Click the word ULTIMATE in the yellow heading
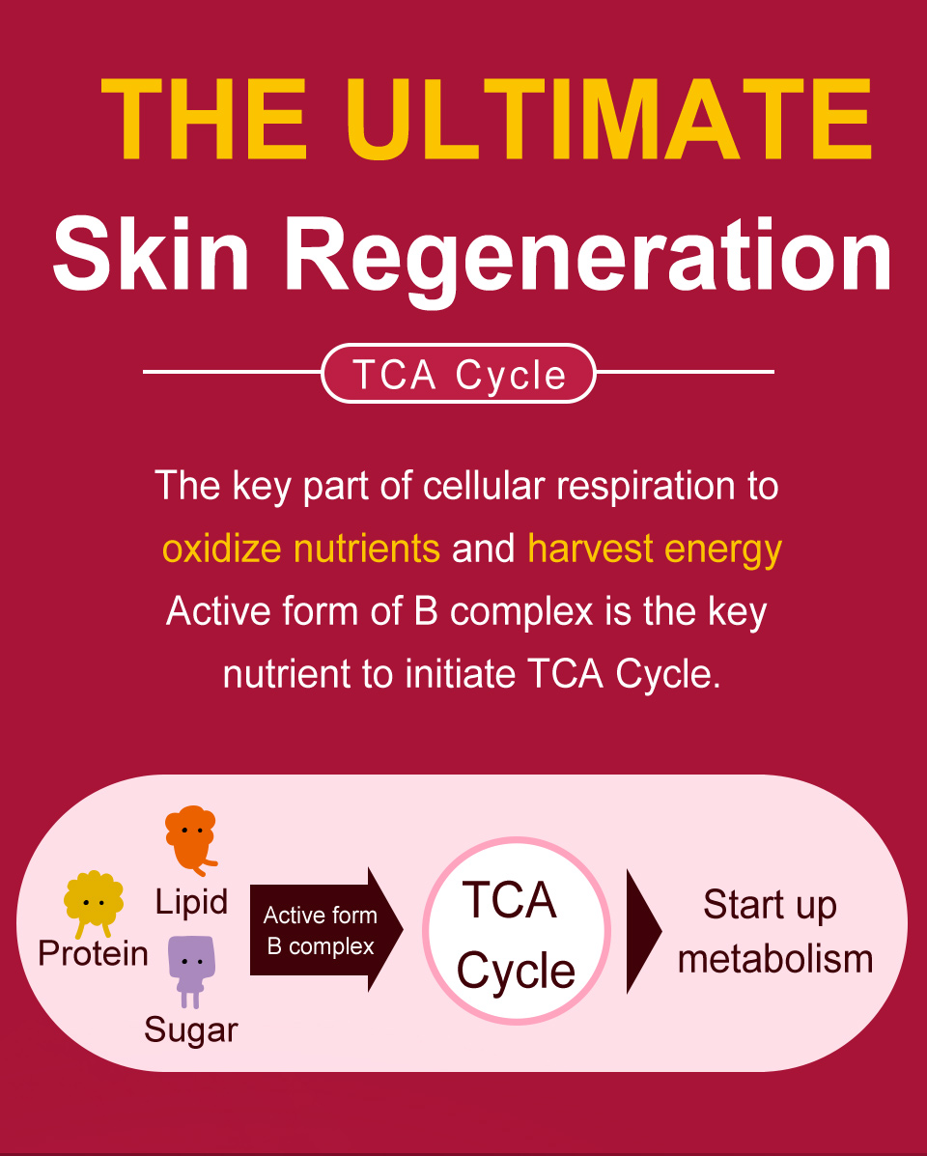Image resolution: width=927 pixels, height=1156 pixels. [608, 119]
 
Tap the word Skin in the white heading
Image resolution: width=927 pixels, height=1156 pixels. [151, 254]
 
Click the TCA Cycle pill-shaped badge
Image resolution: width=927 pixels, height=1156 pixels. [459, 374]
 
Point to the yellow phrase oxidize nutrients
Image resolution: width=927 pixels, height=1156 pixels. [300, 550]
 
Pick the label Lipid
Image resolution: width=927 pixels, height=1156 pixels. [191, 902]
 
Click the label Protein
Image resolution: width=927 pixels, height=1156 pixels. [93, 954]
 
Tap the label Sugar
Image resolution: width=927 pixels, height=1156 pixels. [191, 1030]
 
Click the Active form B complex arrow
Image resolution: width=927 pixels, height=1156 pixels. [326, 930]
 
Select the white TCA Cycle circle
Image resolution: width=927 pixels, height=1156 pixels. [516, 931]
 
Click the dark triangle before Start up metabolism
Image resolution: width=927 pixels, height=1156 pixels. [643, 932]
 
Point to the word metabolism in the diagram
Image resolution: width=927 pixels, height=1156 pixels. [775, 960]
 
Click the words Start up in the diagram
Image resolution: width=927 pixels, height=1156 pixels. [770, 906]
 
